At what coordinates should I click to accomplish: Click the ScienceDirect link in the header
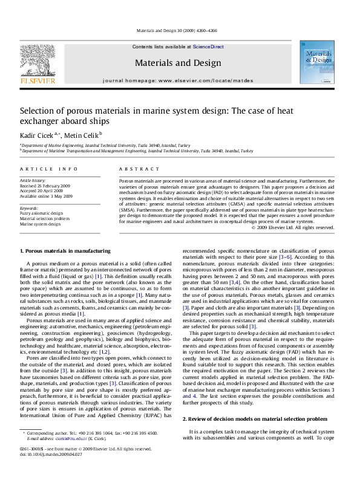[208, 47]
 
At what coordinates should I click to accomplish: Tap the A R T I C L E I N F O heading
[42, 168]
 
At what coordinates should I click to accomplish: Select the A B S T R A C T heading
[137, 168]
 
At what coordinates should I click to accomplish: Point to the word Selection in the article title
[38, 111]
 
